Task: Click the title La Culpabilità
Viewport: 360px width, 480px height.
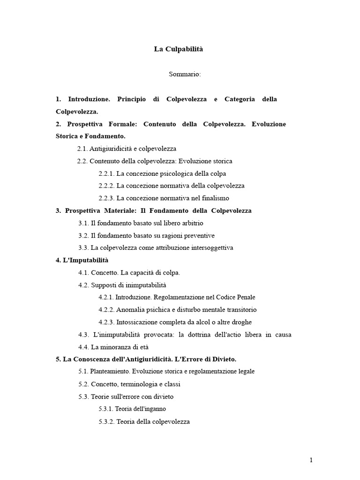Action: pos(179,49)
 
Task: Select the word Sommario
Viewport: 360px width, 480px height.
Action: pos(185,74)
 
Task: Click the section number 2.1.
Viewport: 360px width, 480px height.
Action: pos(82,149)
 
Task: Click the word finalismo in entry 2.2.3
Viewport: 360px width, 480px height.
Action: pos(214,198)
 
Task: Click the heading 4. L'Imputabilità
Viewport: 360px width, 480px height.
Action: pos(82,260)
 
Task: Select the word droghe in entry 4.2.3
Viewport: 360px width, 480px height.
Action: pos(240,322)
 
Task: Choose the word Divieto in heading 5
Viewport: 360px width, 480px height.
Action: pos(224,359)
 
